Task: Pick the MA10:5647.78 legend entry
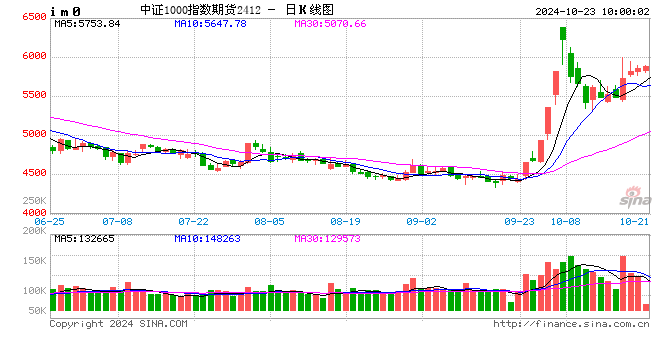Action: pos(211,24)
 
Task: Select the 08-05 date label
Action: pos(270,220)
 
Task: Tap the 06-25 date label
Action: pos(50,220)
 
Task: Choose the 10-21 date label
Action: pos(635,220)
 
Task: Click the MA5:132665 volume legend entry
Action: pos(85,238)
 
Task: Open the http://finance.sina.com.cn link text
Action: pos(572,323)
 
